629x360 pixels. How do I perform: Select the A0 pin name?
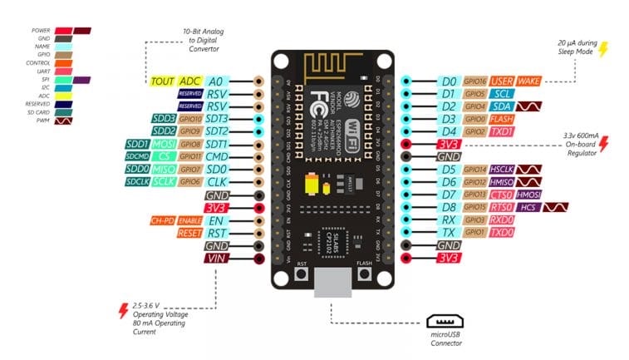215,81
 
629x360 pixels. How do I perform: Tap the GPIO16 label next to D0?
476,81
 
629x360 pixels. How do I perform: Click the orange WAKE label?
529,81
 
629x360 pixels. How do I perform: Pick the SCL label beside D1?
502,94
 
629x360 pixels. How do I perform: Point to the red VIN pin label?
215,259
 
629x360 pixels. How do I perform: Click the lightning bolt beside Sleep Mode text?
604,49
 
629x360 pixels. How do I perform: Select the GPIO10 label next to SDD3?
190,119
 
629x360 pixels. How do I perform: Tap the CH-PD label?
161,221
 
